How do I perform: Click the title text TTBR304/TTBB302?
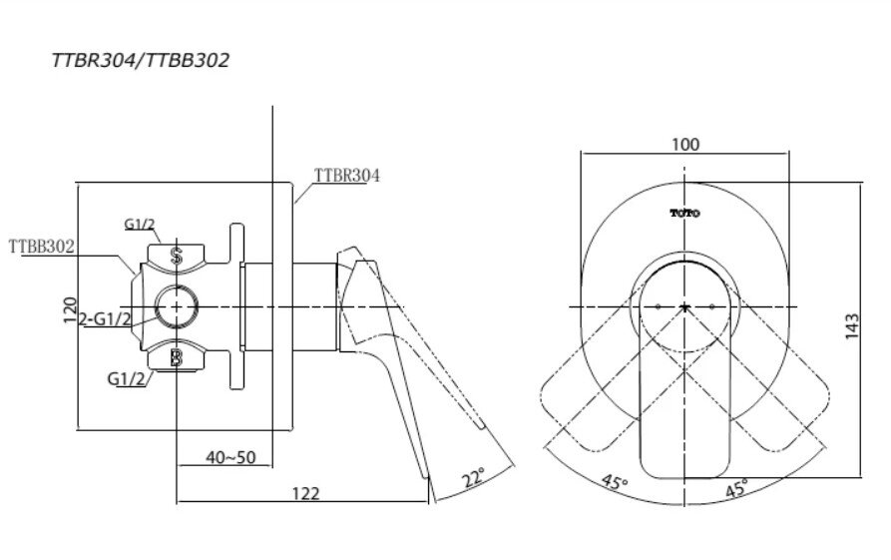click(x=141, y=61)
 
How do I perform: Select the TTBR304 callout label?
click(x=346, y=175)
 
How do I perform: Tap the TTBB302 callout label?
click(x=42, y=245)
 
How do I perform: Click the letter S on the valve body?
click(x=177, y=257)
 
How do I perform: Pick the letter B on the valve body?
click(x=177, y=357)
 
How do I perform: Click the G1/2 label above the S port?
click(x=140, y=225)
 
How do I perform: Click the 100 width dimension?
click(x=685, y=145)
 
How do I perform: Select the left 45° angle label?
click(x=615, y=483)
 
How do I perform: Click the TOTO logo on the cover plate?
click(x=684, y=213)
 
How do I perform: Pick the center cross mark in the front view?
click(x=684, y=304)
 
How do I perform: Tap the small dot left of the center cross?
click(x=659, y=304)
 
